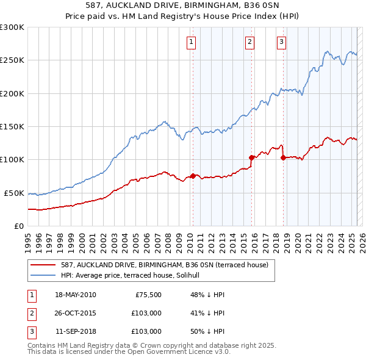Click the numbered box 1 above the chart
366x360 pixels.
192,42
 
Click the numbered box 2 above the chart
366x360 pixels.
250,42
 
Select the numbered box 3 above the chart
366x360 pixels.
281,42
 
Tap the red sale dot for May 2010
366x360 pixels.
193,176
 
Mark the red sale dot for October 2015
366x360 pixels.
251,157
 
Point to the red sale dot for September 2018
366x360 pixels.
283,157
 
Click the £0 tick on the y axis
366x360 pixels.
18,226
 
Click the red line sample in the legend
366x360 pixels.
44,265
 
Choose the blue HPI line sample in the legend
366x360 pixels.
44,275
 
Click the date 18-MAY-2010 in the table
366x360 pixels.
76,295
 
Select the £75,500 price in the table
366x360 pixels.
147,295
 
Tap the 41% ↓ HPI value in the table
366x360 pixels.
207,314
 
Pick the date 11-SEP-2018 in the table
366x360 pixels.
76,332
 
